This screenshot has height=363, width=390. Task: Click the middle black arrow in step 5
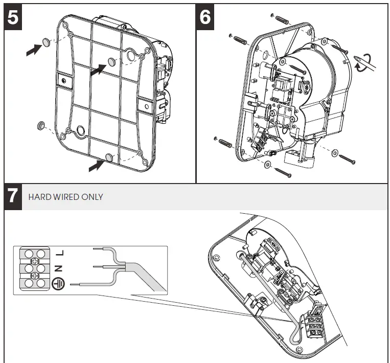98,70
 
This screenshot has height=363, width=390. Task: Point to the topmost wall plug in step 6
283,22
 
